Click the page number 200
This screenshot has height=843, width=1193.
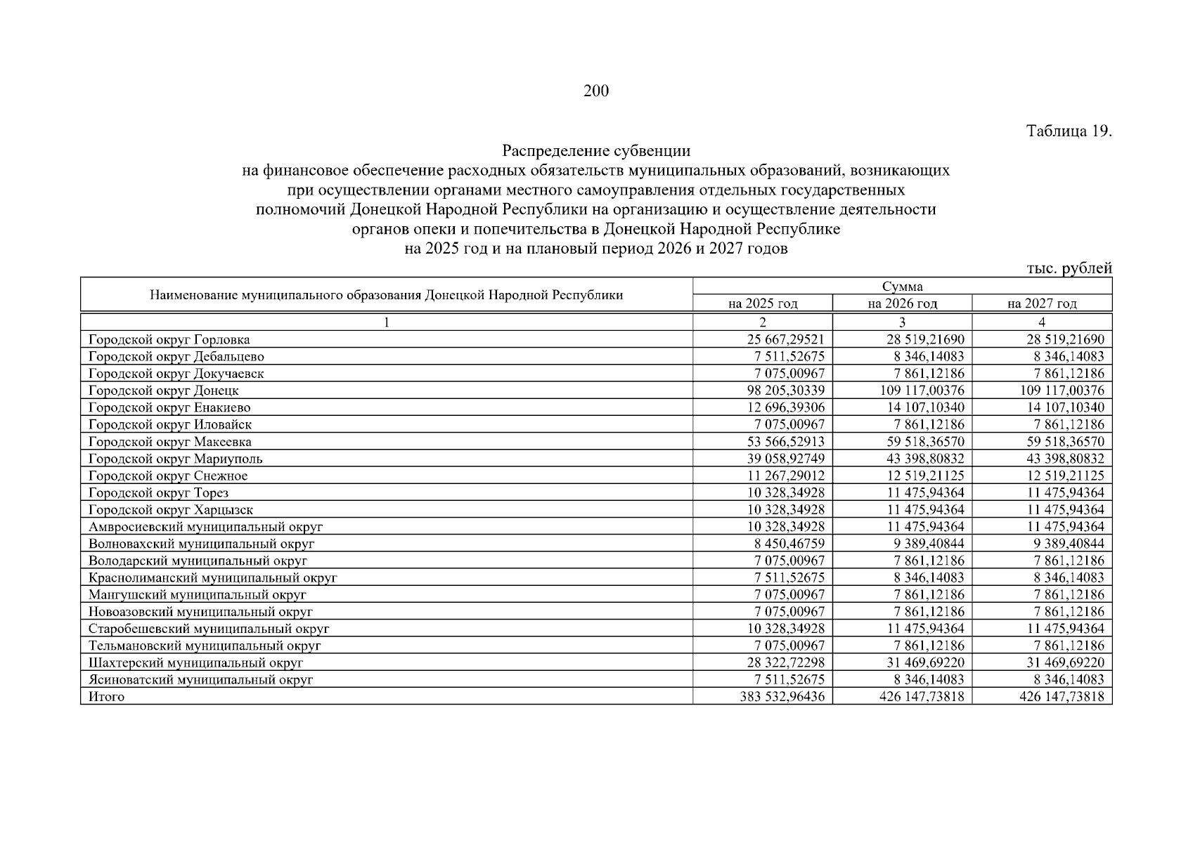click(x=595, y=91)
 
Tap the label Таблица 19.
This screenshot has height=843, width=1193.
click(x=1069, y=131)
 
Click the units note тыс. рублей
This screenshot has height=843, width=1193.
click(x=1069, y=268)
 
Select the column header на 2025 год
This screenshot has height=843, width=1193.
click(x=763, y=303)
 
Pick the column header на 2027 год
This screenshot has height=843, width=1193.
click(x=1042, y=303)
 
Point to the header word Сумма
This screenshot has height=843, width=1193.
click(x=902, y=287)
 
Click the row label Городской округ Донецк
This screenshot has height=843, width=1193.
click(x=164, y=391)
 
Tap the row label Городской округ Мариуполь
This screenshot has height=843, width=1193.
click(x=176, y=459)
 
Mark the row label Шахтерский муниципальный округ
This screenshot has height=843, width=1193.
click(x=196, y=662)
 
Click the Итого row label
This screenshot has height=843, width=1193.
click(x=106, y=697)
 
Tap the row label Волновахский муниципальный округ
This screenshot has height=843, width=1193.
click(x=201, y=544)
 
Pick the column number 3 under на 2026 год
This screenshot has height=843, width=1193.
click(x=902, y=322)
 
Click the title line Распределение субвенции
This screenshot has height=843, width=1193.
click(x=595, y=151)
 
